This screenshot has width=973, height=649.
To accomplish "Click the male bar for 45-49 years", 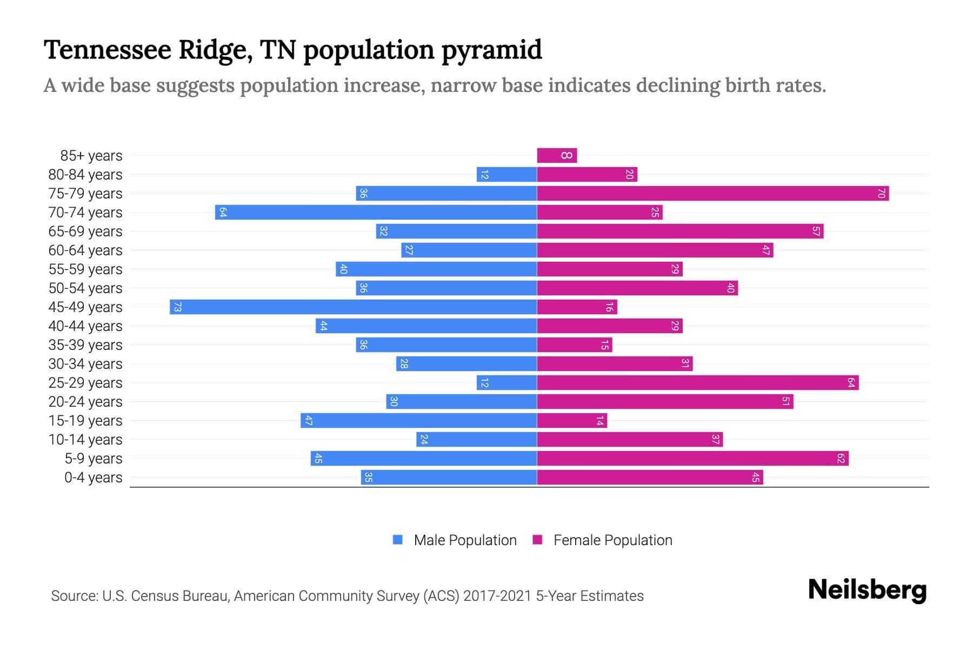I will (x=353, y=307).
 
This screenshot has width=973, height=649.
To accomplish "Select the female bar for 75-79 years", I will (x=712, y=194).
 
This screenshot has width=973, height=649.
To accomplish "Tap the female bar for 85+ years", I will (x=557, y=156).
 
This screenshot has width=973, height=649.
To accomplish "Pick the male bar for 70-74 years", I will (x=376, y=213).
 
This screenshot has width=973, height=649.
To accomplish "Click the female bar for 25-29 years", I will (x=697, y=383).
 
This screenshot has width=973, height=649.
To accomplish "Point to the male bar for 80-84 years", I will (x=507, y=175).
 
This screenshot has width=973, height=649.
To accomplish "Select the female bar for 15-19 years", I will (x=572, y=421).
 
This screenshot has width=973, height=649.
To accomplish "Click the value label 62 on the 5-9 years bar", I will (x=841, y=459).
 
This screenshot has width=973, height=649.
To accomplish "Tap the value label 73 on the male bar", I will (x=177, y=307).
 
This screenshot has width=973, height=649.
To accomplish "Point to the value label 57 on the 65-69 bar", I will (x=816, y=231).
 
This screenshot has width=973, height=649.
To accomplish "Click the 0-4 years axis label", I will (x=93, y=478).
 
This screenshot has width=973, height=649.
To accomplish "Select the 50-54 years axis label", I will (x=85, y=288).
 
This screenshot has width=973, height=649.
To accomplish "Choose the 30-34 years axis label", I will (x=85, y=364).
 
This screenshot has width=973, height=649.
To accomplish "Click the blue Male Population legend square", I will (x=398, y=540).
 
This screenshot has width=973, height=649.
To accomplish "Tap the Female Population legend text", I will (x=612, y=540).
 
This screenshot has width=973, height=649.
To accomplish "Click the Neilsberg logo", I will (x=867, y=590).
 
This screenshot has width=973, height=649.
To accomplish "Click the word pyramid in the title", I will (x=491, y=50).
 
